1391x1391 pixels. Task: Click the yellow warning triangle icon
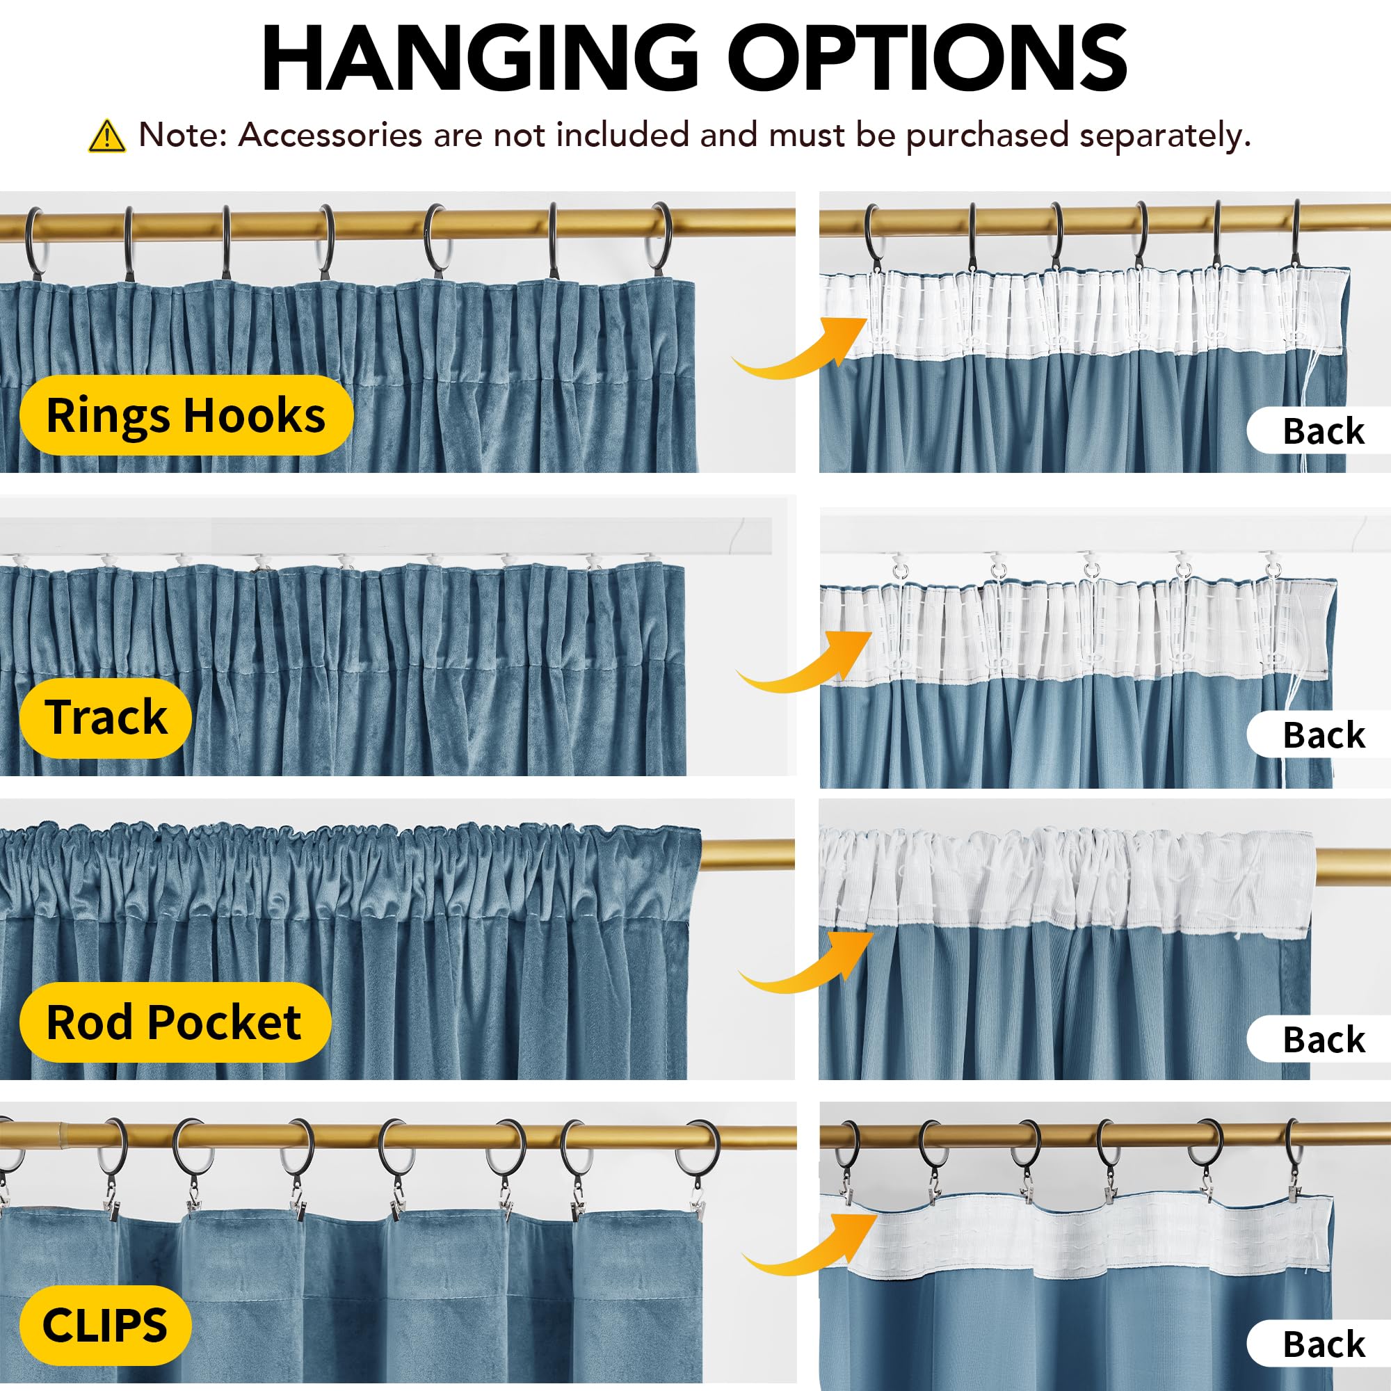pos(106,136)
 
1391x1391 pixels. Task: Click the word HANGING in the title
pos(479,58)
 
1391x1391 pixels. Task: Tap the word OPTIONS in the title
pos(927,58)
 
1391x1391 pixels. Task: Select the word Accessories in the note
pos(330,135)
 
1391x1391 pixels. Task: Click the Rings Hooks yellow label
pos(186,415)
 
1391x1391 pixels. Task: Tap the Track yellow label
pos(106,718)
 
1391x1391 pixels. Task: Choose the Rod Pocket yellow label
pos(175,1022)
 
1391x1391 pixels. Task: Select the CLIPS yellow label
pos(106,1326)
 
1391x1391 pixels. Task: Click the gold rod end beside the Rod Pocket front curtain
pos(748,855)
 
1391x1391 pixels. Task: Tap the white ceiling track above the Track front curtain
pos(386,534)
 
